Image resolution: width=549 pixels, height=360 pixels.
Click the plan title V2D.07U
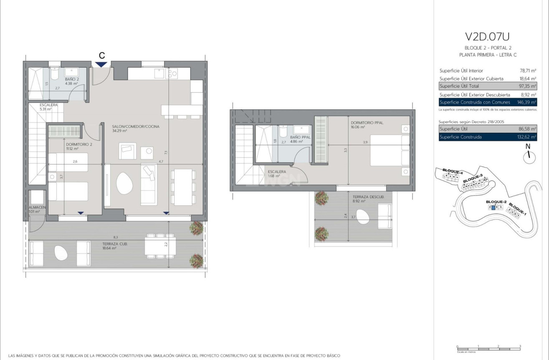(x=487, y=37)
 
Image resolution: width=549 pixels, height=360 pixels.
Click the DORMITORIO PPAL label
(x=367, y=123)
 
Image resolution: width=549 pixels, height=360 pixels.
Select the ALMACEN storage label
(x=37, y=207)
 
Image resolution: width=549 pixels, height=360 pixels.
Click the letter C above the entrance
(x=101, y=55)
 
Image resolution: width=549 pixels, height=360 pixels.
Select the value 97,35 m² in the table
(x=527, y=86)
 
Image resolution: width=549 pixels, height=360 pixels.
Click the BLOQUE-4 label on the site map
(x=452, y=172)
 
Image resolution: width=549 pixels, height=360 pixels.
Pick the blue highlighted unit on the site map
(x=493, y=207)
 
